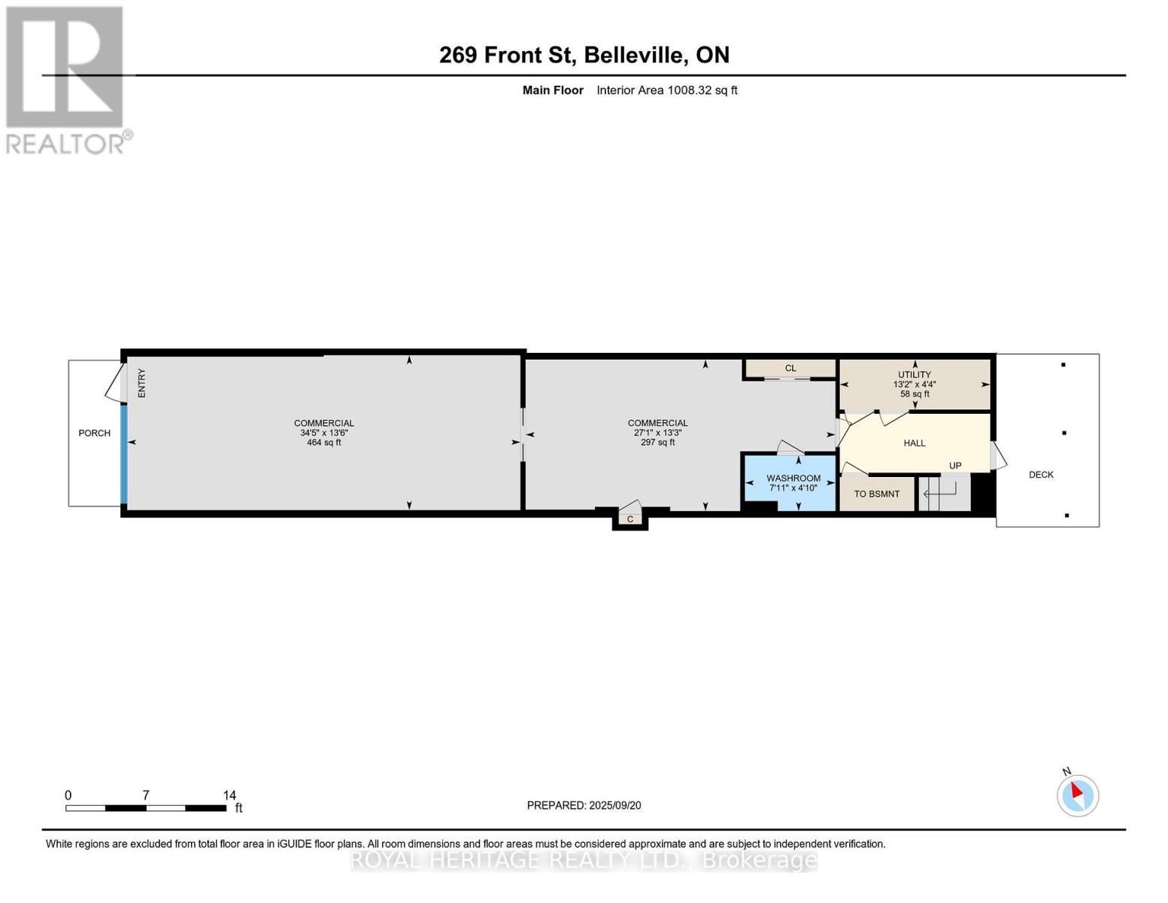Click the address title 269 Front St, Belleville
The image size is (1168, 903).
[x=584, y=55]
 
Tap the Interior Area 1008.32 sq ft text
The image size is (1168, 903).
[x=666, y=90]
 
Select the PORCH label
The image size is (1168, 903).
[x=95, y=433]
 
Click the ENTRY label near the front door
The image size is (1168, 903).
[x=141, y=383]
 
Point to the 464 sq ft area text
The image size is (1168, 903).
[x=324, y=442]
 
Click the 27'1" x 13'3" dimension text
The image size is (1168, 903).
[x=657, y=433]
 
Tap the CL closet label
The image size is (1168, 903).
[x=790, y=368]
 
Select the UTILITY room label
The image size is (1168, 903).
[x=915, y=375]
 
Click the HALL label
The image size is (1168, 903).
[x=915, y=443]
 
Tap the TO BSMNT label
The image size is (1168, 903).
[x=876, y=494]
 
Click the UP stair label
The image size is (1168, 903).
[x=955, y=466]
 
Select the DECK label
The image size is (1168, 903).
[x=1041, y=475]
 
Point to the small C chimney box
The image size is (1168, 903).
[x=630, y=519]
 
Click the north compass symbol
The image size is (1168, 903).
[x=1078, y=795]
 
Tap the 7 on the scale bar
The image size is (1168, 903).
[x=146, y=795]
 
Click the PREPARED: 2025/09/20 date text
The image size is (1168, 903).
[x=584, y=805]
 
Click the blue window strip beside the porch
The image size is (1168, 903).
[x=124, y=455]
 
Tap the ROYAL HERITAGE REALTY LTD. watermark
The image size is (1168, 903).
[x=584, y=859]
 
